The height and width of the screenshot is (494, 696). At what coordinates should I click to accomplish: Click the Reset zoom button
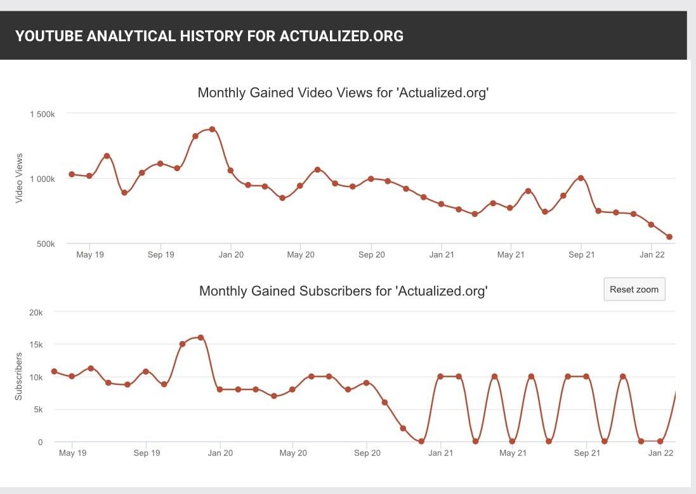pyautogui.click(x=634, y=289)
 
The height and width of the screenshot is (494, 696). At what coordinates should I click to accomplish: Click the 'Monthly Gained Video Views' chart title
pyautogui.click(x=343, y=93)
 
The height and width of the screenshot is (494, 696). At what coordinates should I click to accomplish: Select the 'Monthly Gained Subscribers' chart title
pyautogui.click(x=343, y=291)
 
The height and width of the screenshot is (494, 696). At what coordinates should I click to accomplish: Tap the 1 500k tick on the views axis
pyautogui.click(x=43, y=114)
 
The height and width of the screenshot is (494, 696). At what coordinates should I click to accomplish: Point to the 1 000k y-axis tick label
pyautogui.click(x=43, y=179)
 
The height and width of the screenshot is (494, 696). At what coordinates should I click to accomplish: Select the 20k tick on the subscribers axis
pyautogui.click(x=36, y=313)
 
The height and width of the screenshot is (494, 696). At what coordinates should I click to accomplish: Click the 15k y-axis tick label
pyautogui.click(x=36, y=344)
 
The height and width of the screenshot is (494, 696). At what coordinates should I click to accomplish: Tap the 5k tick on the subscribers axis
pyautogui.click(x=37, y=410)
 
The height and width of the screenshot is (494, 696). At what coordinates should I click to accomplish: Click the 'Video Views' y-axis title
pyautogui.click(x=19, y=178)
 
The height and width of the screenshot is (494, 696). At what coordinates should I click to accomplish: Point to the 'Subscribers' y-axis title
pyautogui.click(x=19, y=376)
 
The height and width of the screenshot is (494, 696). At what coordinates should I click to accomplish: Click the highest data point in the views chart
pyautogui.click(x=213, y=129)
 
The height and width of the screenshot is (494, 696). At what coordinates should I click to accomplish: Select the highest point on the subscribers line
pyautogui.click(x=200, y=337)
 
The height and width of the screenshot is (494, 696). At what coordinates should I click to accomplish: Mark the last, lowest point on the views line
pyautogui.click(x=669, y=237)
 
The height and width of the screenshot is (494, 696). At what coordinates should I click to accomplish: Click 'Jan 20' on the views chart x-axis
pyautogui.click(x=231, y=255)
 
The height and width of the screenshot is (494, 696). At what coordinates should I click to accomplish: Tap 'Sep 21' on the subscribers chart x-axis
pyautogui.click(x=587, y=453)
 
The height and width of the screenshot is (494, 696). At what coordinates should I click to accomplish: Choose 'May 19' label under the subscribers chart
pyautogui.click(x=72, y=453)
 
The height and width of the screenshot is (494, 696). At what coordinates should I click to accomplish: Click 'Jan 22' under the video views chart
pyautogui.click(x=652, y=255)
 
